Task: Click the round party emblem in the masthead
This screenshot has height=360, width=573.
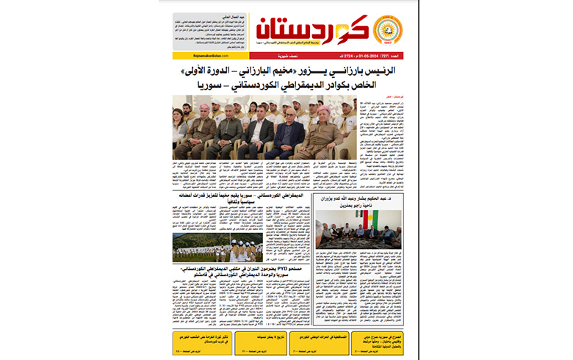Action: pos(388,30)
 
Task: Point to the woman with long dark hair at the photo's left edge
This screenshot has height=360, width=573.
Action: pos(179,126)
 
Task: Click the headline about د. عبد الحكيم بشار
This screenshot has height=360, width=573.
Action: pos(357,202)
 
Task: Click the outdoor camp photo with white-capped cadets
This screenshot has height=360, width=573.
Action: pos(212,248)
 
